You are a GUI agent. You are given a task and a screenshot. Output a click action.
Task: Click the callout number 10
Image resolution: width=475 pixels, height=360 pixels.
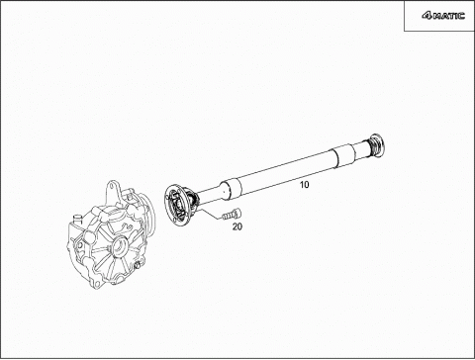pyautogui.click(x=305, y=185)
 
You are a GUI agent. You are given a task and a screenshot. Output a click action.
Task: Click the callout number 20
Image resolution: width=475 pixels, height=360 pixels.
pyautogui.click(x=237, y=226)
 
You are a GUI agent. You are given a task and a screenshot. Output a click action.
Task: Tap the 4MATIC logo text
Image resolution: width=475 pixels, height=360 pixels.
pyautogui.click(x=443, y=16)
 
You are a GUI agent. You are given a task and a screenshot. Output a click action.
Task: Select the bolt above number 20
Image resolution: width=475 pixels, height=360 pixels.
pyautogui.click(x=232, y=215)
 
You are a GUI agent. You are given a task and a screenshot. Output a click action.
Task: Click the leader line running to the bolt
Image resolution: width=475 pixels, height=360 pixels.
pyautogui.click(x=210, y=213)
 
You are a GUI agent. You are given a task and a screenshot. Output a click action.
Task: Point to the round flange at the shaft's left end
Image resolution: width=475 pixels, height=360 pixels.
pyautogui.click(x=174, y=206)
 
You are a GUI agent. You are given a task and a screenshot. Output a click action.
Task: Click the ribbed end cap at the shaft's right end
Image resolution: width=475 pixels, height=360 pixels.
pyautogui.click(x=376, y=144)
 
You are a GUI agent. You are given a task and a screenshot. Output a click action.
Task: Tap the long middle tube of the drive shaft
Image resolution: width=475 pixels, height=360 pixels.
pyautogui.click(x=287, y=170)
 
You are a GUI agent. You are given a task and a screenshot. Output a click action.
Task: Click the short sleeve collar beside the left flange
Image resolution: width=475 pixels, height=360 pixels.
pyautogui.click(x=231, y=190)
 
